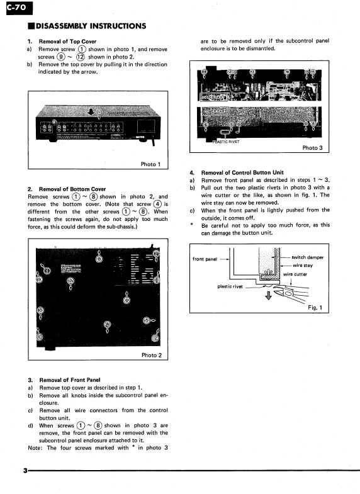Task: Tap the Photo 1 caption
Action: tap(151, 165)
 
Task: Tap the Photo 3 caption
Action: tap(312, 148)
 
